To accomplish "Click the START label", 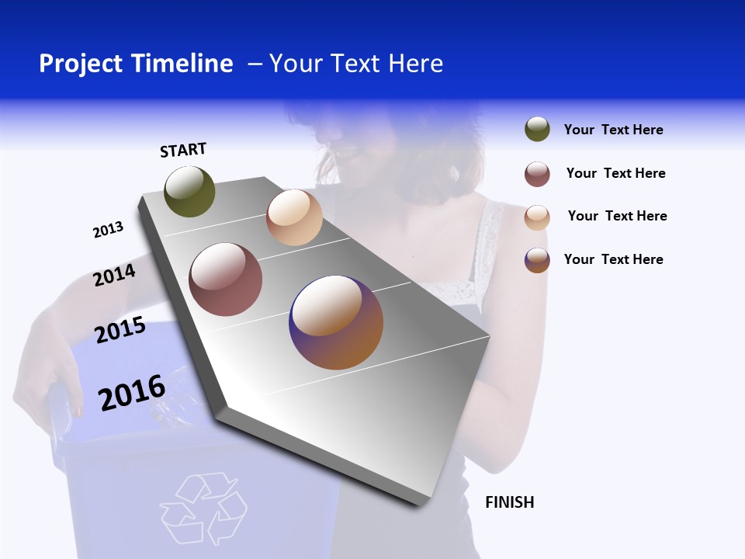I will pyautogui.click(x=183, y=150).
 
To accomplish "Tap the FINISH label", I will pyautogui.click(x=509, y=502).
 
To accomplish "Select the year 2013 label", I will pyautogui.click(x=108, y=230).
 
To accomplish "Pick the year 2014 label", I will pyautogui.click(x=114, y=275).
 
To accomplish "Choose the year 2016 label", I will pyautogui.click(x=132, y=393).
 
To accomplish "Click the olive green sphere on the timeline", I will pyautogui.click(x=190, y=192).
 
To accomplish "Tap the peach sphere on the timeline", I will pyautogui.click(x=294, y=217).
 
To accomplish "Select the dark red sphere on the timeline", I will pyautogui.click(x=226, y=279).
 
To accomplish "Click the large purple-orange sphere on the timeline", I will pyautogui.click(x=336, y=322).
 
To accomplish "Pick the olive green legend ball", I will pyautogui.click(x=537, y=130).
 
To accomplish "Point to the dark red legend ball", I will pyautogui.click(x=537, y=174).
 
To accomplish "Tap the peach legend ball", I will pyautogui.click(x=537, y=217).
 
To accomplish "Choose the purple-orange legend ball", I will pyautogui.click(x=537, y=260).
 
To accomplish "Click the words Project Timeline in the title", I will pyautogui.click(x=136, y=64).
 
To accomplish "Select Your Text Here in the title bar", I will pyautogui.click(x=356, y=64).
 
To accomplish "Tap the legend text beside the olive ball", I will pyautogui.click(x=613, y=130).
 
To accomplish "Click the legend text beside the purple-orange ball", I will pyautogui.click(x=613, y=259).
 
